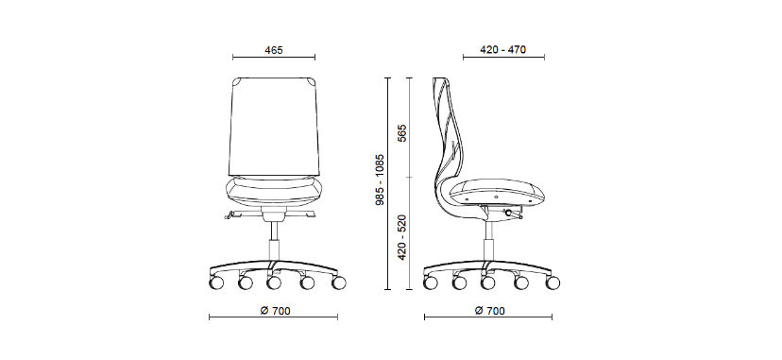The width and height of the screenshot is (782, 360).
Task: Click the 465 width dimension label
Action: (x=274, y=50)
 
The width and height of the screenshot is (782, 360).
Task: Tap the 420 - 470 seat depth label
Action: (x=502, y=50)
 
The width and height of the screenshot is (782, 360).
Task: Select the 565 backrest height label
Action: (x=402, y=133)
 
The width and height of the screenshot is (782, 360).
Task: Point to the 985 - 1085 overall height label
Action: (x=380, y=180)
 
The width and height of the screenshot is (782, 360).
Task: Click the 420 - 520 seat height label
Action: (x=402, y=237)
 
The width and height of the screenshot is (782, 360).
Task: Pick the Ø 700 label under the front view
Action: (x=275, y=311)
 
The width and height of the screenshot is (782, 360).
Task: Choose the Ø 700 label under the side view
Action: (x=490, y=311)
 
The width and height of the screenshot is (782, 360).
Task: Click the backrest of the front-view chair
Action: (x=274, y=127)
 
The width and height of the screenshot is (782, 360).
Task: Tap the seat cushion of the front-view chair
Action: (x=274, y=191)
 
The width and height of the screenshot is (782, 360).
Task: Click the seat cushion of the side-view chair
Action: (x=497, y=192)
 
